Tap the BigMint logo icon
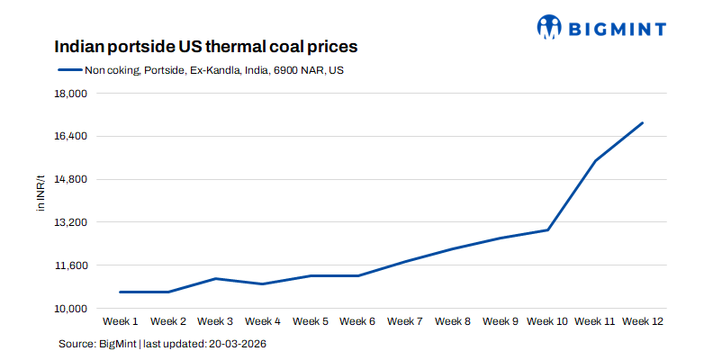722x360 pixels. tap(549, 28)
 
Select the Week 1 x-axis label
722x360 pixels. tap(121, 321)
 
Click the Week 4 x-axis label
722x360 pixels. tap(263, 321)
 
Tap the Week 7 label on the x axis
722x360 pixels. tap(405, 321)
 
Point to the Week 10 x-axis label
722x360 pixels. tap(547, 321)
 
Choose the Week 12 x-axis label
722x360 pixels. tap(642, 321)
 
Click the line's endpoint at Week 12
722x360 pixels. tap(642, 122)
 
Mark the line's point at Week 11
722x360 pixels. tap(595, 160)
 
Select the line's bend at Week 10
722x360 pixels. tap(547, 229)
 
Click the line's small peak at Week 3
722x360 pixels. tap(216, 278)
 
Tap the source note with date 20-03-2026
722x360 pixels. tap(163, 344)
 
